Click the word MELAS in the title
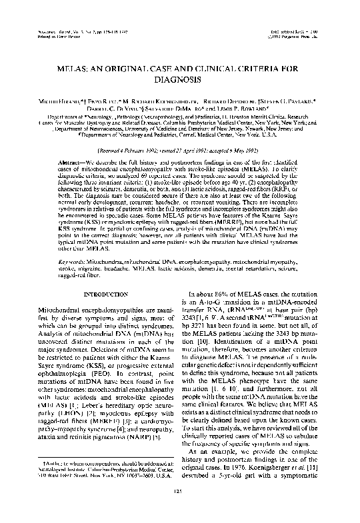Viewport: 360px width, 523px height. [76, 69]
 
